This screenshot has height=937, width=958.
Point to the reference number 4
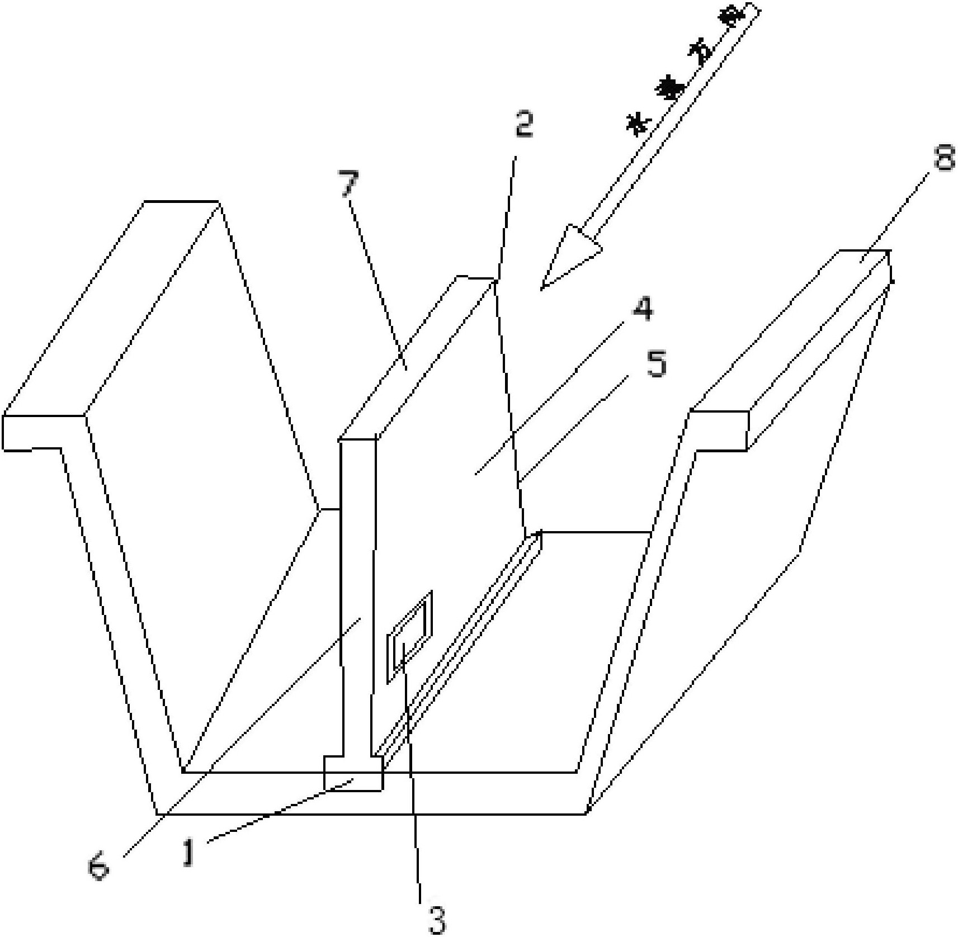click(x=643, y=309)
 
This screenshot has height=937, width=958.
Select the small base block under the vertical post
click(x=353, y=773)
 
